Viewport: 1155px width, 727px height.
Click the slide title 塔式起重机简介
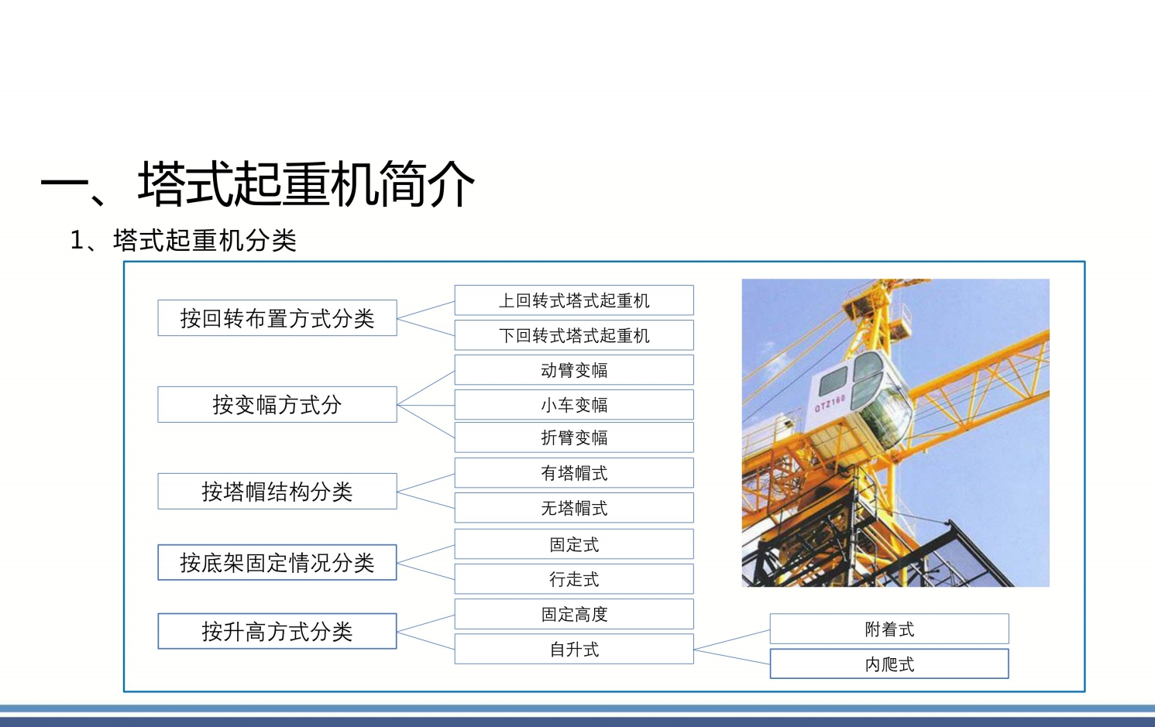coord(306,184)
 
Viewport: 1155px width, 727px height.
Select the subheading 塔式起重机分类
coord(205,240)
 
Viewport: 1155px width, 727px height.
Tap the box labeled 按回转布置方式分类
coord(277,318)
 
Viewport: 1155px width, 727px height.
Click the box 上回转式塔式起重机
coord(574,300)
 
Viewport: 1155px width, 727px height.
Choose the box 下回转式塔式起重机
coord(574,335)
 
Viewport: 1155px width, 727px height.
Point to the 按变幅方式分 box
coord(277,404)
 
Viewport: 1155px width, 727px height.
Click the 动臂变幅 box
coord(574,369)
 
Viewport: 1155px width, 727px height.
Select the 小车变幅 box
coord(574,404)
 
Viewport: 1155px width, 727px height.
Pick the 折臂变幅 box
coord(574,437)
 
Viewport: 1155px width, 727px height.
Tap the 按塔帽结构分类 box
coord(277,491)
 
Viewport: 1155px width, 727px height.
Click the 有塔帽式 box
coord(574,472)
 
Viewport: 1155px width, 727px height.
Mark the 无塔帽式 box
coord(574,508)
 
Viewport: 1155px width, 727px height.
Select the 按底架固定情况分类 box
coord(277,562)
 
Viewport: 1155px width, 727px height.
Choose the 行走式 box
coord(574,578)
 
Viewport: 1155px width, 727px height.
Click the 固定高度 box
coord(574,614)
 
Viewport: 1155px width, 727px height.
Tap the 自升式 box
coord(574,649)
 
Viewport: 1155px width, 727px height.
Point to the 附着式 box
coord(889,629)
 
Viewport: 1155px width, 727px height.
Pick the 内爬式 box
coord(889,664)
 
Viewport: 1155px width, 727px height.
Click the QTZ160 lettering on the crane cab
coord(830,403)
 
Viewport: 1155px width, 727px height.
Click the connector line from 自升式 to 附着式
coord(732,640)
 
